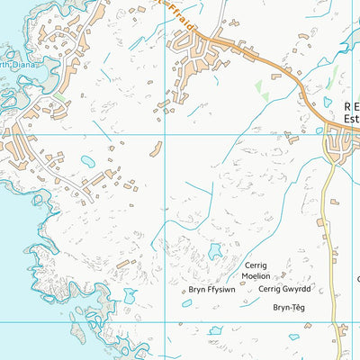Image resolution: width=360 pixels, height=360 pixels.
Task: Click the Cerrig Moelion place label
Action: pyautogui.click(x=257, y=271)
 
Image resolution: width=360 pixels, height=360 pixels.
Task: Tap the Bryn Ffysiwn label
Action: pyautogui.click(x=211, y=290)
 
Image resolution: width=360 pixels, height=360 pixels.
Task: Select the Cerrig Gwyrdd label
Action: pyautogui.click(x=284, y=289)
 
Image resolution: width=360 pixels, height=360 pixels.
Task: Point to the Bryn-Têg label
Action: pyautogui.click(x=289, y=307)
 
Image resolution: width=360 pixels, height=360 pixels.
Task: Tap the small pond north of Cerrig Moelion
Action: pyautogui.click(x=214, y=251)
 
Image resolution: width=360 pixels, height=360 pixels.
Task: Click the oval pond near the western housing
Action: pyautogui.click(x=88, y=161)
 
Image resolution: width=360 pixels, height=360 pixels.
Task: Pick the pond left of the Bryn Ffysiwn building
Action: pyautogui.click(x=186, y=302)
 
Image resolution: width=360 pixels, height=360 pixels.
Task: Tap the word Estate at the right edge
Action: pyautogui.click(x=352, y=116)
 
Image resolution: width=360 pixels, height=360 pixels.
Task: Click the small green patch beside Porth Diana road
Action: pyautogui.click(x=58, y=93)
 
